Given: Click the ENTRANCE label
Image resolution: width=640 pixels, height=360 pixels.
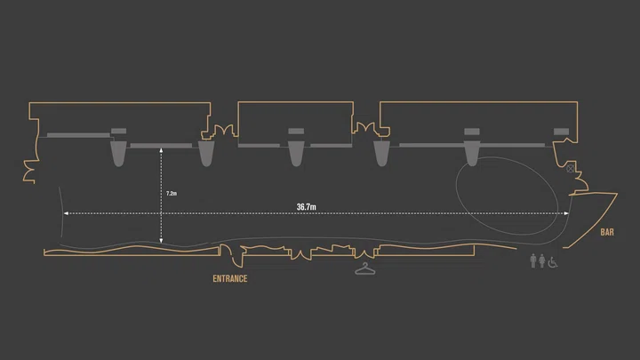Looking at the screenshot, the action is pos(230,279).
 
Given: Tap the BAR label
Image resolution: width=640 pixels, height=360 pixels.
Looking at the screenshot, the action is pos(607,232).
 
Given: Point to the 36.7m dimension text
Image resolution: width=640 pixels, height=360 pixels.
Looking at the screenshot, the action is pos(306,207).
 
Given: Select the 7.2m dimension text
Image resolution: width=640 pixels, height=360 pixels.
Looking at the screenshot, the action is pos(172,194).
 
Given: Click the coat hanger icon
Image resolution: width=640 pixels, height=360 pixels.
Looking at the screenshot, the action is pos(365,269).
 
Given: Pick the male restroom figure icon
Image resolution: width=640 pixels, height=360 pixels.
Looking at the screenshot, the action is pos(533,260).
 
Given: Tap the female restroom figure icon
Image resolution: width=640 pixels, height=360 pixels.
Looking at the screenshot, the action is pos(542,260).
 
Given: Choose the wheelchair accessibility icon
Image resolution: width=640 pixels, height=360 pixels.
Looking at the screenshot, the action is pos(553,262).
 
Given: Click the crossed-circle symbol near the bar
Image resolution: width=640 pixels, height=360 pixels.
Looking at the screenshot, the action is pos(570,168).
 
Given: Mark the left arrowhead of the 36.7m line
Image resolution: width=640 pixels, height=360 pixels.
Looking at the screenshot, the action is pos(66,213).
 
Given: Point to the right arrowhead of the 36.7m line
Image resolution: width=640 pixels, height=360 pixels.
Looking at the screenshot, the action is pos(566,213).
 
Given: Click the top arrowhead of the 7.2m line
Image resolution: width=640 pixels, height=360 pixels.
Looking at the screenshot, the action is pos(161,150).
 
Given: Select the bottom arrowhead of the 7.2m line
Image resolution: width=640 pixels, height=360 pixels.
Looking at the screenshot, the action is pos(161,241).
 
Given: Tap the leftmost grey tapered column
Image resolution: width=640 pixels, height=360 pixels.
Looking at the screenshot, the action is pos(118,153).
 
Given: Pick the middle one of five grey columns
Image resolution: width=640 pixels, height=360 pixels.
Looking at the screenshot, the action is pos(296,153).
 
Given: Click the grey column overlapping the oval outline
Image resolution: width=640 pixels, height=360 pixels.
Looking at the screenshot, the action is pos(472,153).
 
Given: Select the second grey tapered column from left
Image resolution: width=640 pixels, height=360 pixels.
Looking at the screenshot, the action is pos(206,153).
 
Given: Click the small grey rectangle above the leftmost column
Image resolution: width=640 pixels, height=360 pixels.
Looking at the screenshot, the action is pos(119,131).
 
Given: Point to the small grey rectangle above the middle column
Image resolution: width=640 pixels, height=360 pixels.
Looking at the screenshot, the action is pos(296,131).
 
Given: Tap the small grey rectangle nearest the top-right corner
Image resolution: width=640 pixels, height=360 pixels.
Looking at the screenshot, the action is pos(561,132).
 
